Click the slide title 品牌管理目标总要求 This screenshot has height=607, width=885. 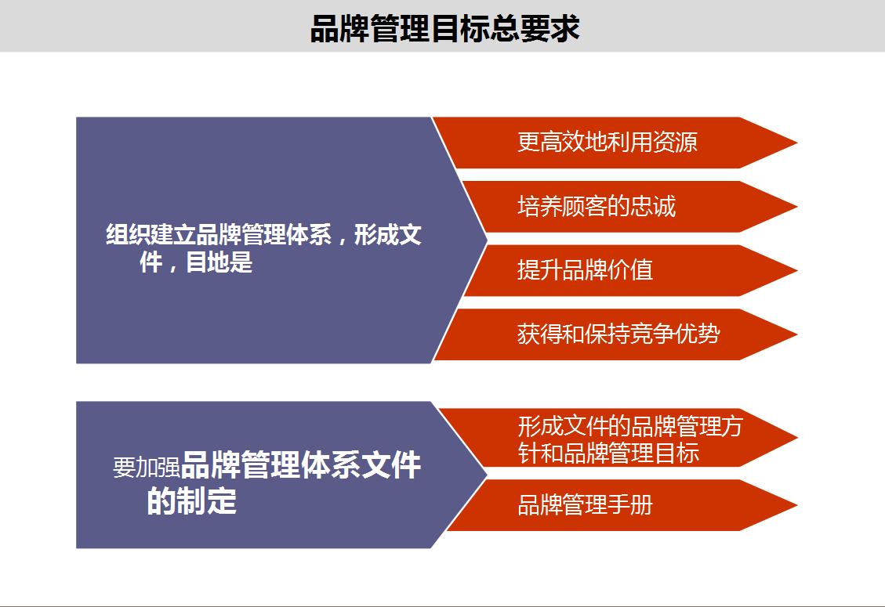444,29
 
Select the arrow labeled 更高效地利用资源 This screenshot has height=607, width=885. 608,143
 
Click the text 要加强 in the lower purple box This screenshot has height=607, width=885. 147,468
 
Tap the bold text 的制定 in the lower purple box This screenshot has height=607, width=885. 192,501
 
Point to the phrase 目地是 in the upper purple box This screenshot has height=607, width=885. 219,263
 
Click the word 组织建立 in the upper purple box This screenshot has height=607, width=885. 151,235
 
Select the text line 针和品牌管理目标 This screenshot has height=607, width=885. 608,453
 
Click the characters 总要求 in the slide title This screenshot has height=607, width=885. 546,29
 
